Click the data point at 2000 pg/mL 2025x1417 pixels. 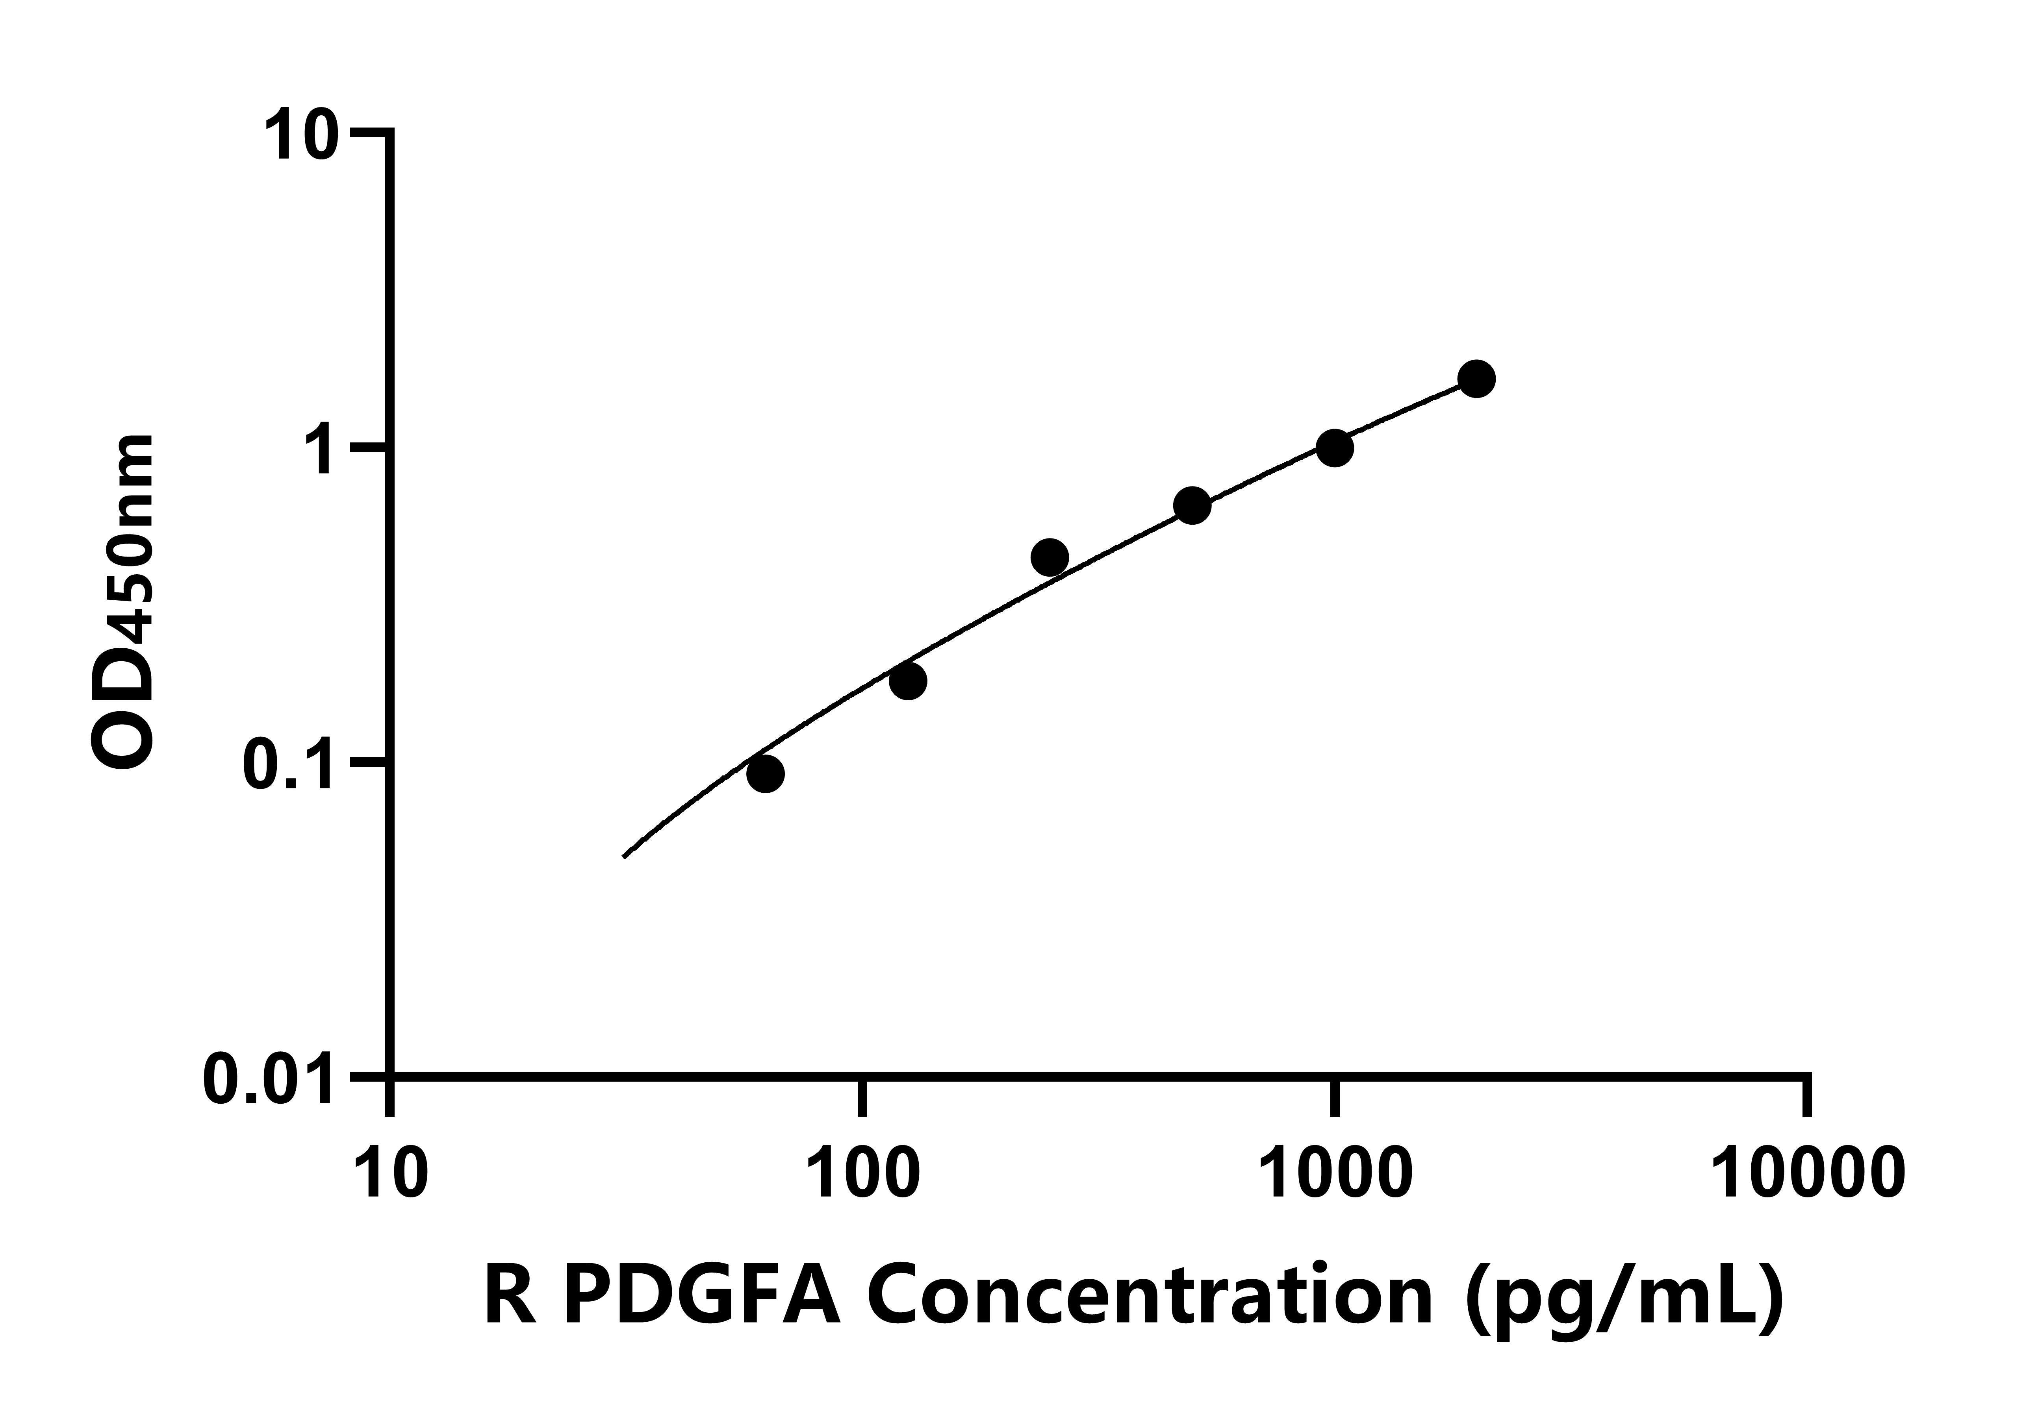pyautogui.click(x=1476, y=379)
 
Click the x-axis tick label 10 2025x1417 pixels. pyautogui.click(x=391, y=1175)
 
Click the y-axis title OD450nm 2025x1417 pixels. pyautogui.click(x=124, y=604)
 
